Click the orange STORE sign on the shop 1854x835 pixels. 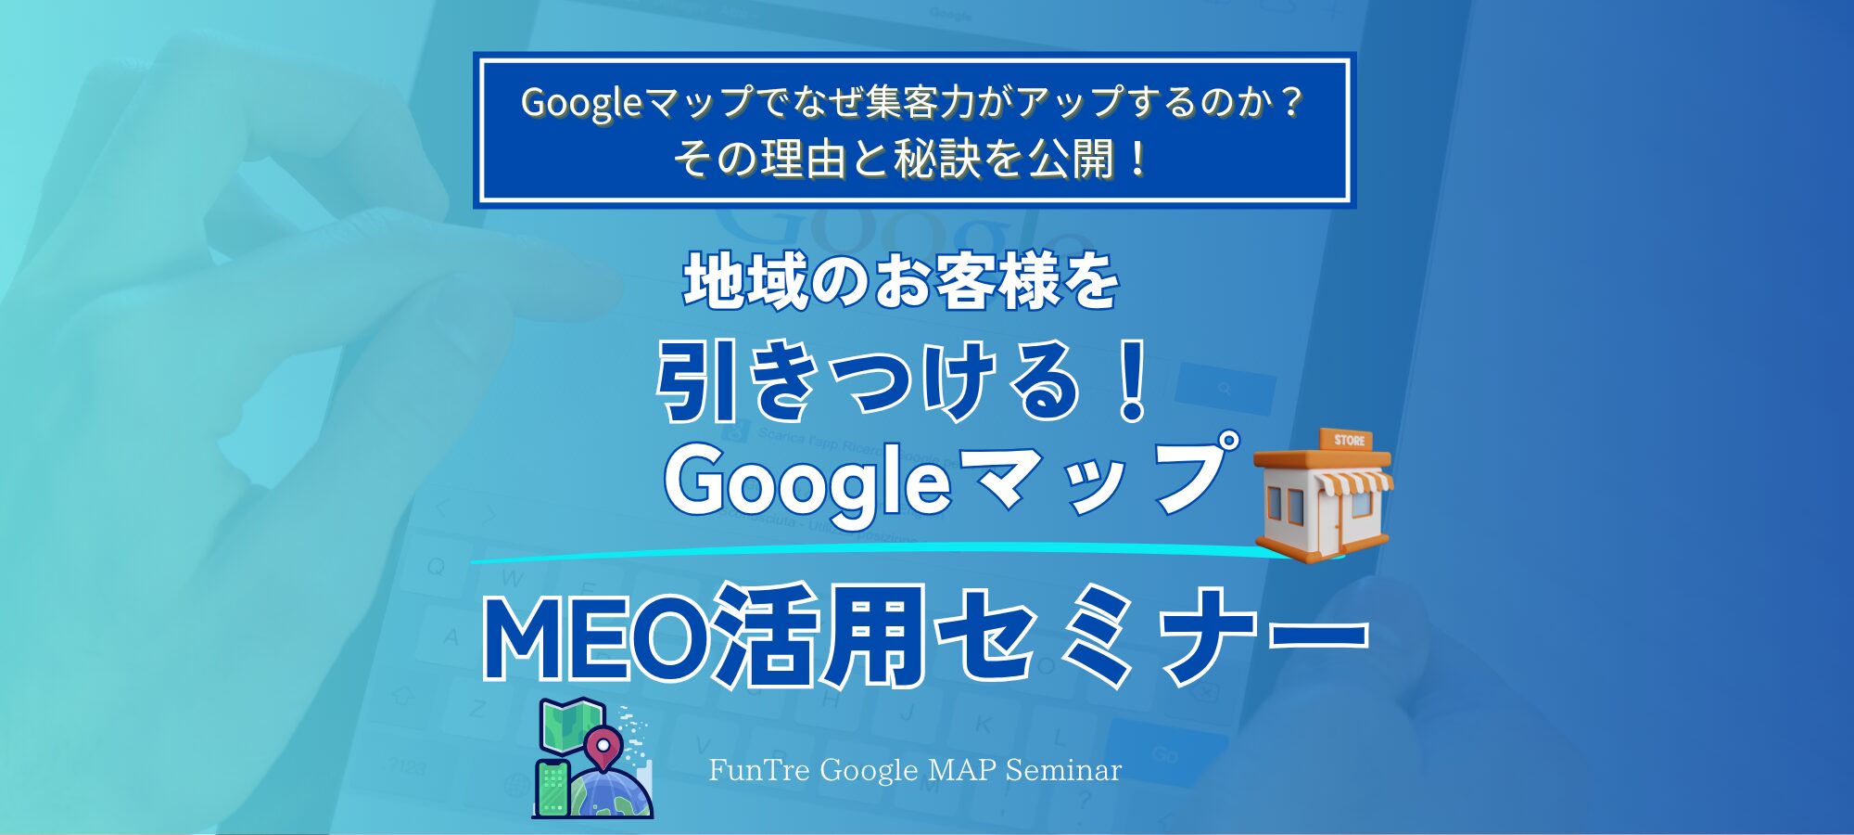[x=1349, y=440]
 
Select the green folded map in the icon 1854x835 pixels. [x=572, y=726]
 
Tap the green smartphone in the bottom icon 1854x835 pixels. [x=552, y=788]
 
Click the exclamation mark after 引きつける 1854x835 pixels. [x=1132, y=382]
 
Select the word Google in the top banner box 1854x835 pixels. [x=581, y=102]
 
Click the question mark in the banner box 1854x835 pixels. [x=1291, y=102]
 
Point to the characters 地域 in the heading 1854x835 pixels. [x=744, y=282]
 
